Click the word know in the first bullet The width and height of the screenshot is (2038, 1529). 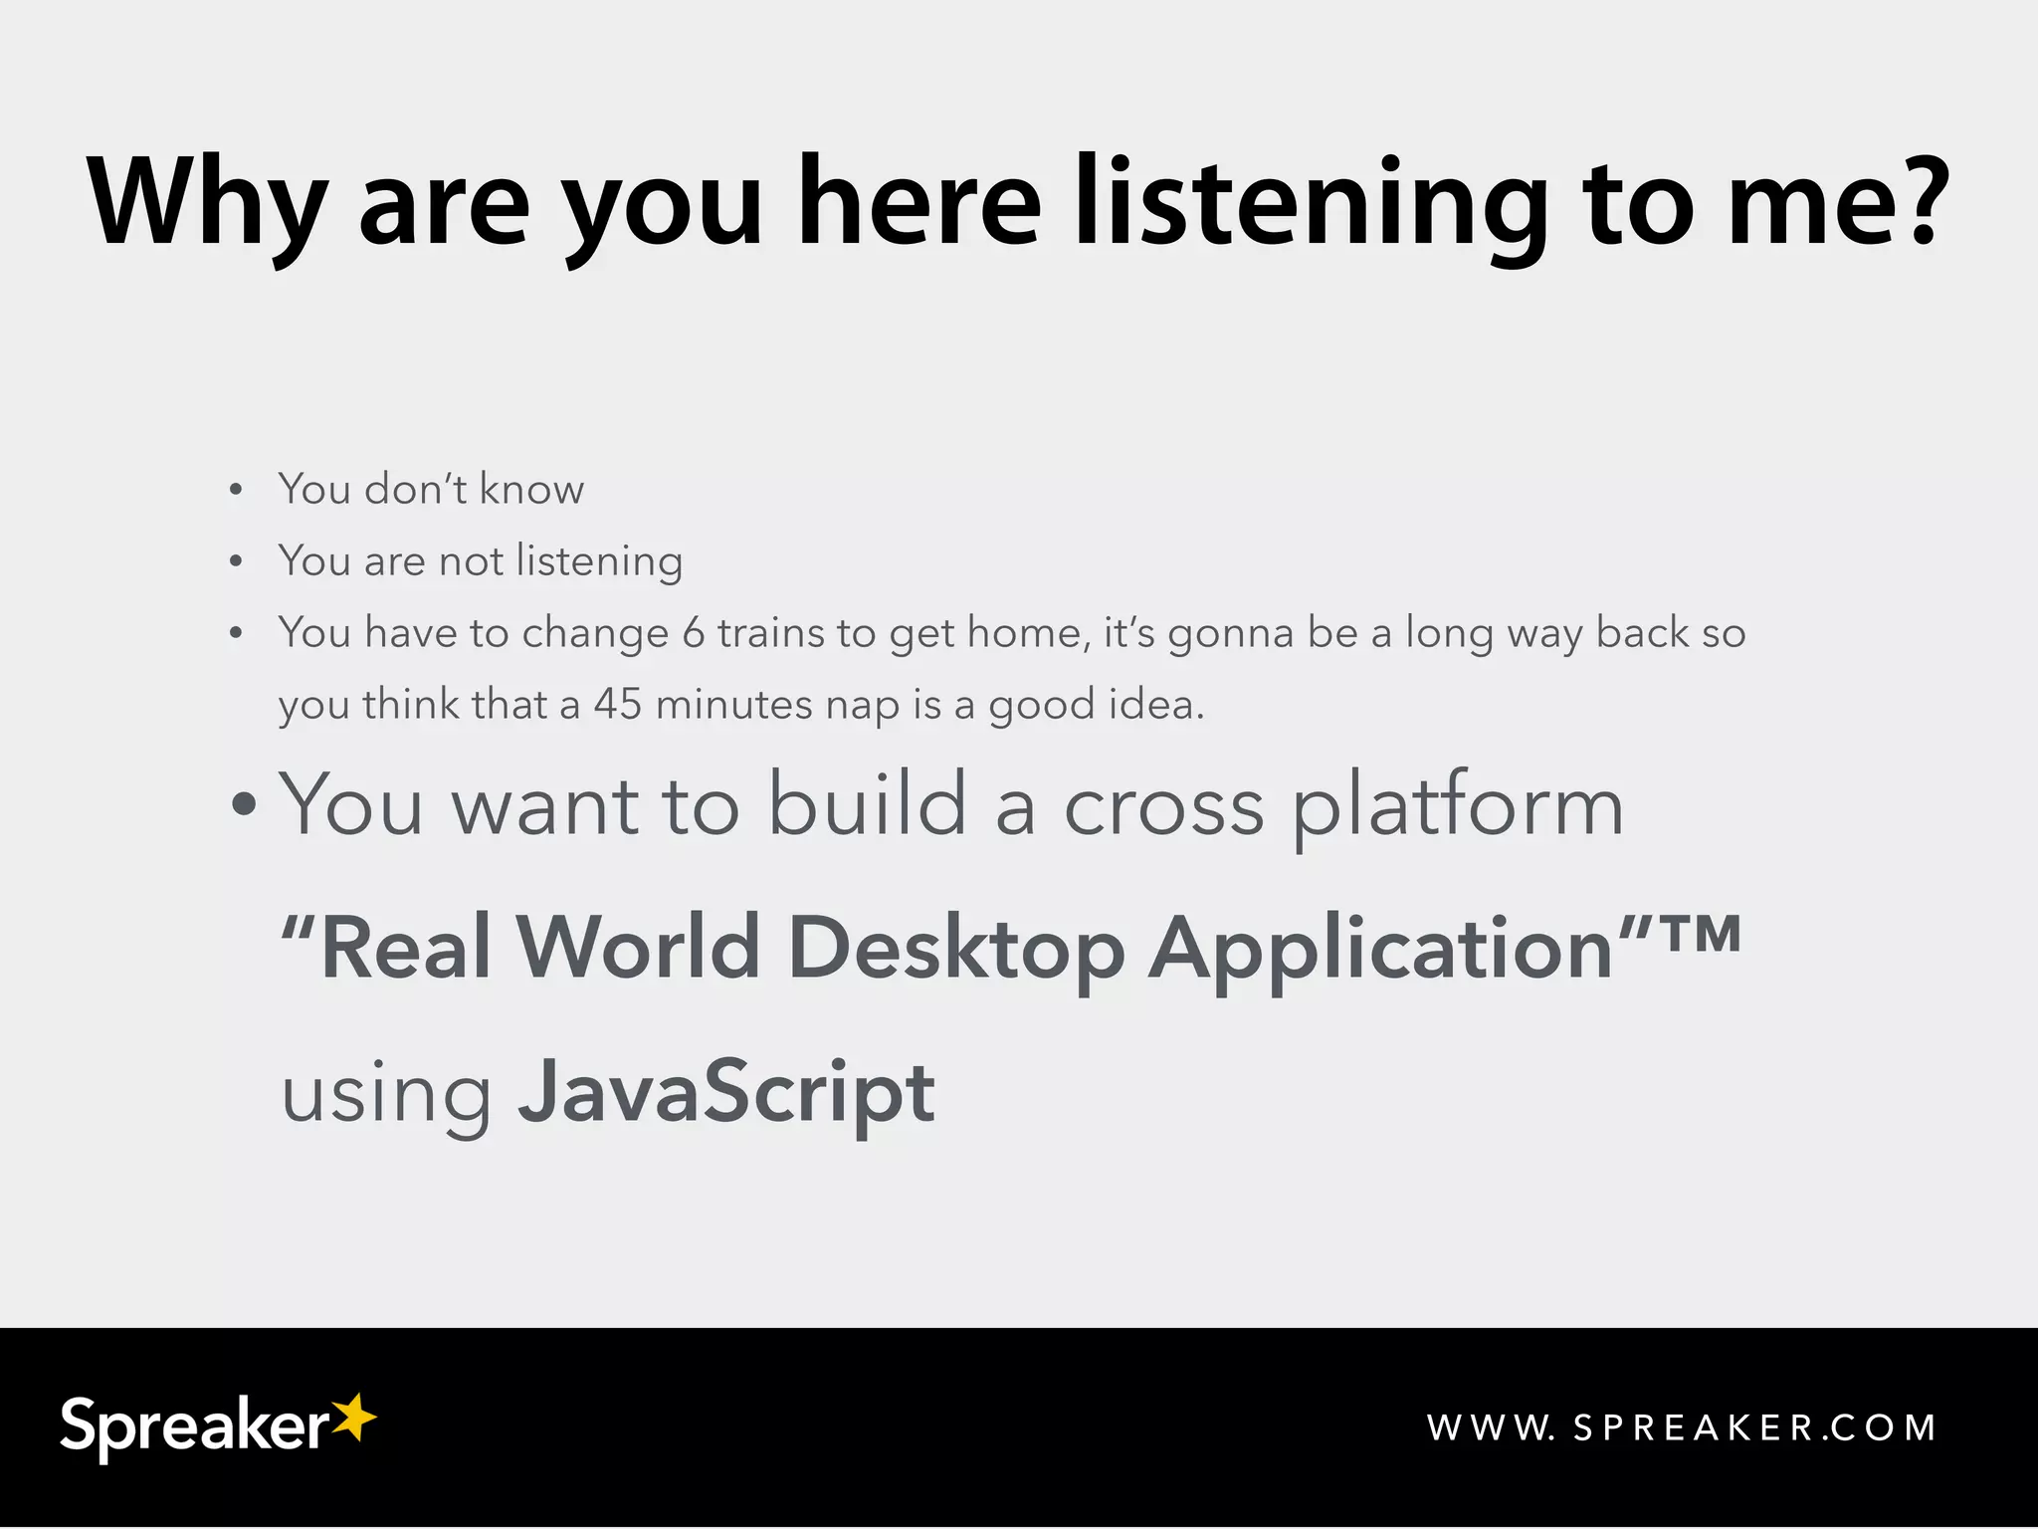531,489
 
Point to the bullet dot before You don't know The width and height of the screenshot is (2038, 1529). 236,490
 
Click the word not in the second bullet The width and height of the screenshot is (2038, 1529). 472,561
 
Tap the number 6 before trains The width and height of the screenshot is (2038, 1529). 693,633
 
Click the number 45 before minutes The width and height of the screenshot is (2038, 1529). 617,705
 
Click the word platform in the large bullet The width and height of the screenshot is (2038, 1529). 1457,806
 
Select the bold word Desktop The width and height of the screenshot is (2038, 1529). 955,948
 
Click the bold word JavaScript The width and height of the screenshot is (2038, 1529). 726,1093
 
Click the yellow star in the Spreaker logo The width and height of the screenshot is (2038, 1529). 353,1417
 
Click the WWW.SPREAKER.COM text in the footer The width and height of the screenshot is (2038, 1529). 1682,1427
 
